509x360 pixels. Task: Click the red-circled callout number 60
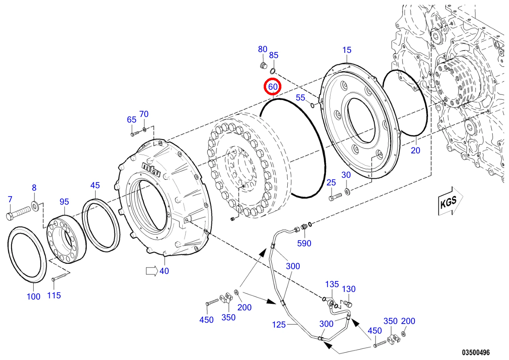coord(273,87)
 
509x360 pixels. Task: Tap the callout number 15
coord(347,50)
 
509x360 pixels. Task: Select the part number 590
coord(304,243)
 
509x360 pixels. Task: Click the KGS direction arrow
coord(450,201)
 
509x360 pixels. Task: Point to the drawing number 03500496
coord(476,352)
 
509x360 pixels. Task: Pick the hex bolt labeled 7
coord(18,213)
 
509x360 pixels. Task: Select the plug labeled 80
coord(263,65)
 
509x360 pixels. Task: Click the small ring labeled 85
coord(273,71)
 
